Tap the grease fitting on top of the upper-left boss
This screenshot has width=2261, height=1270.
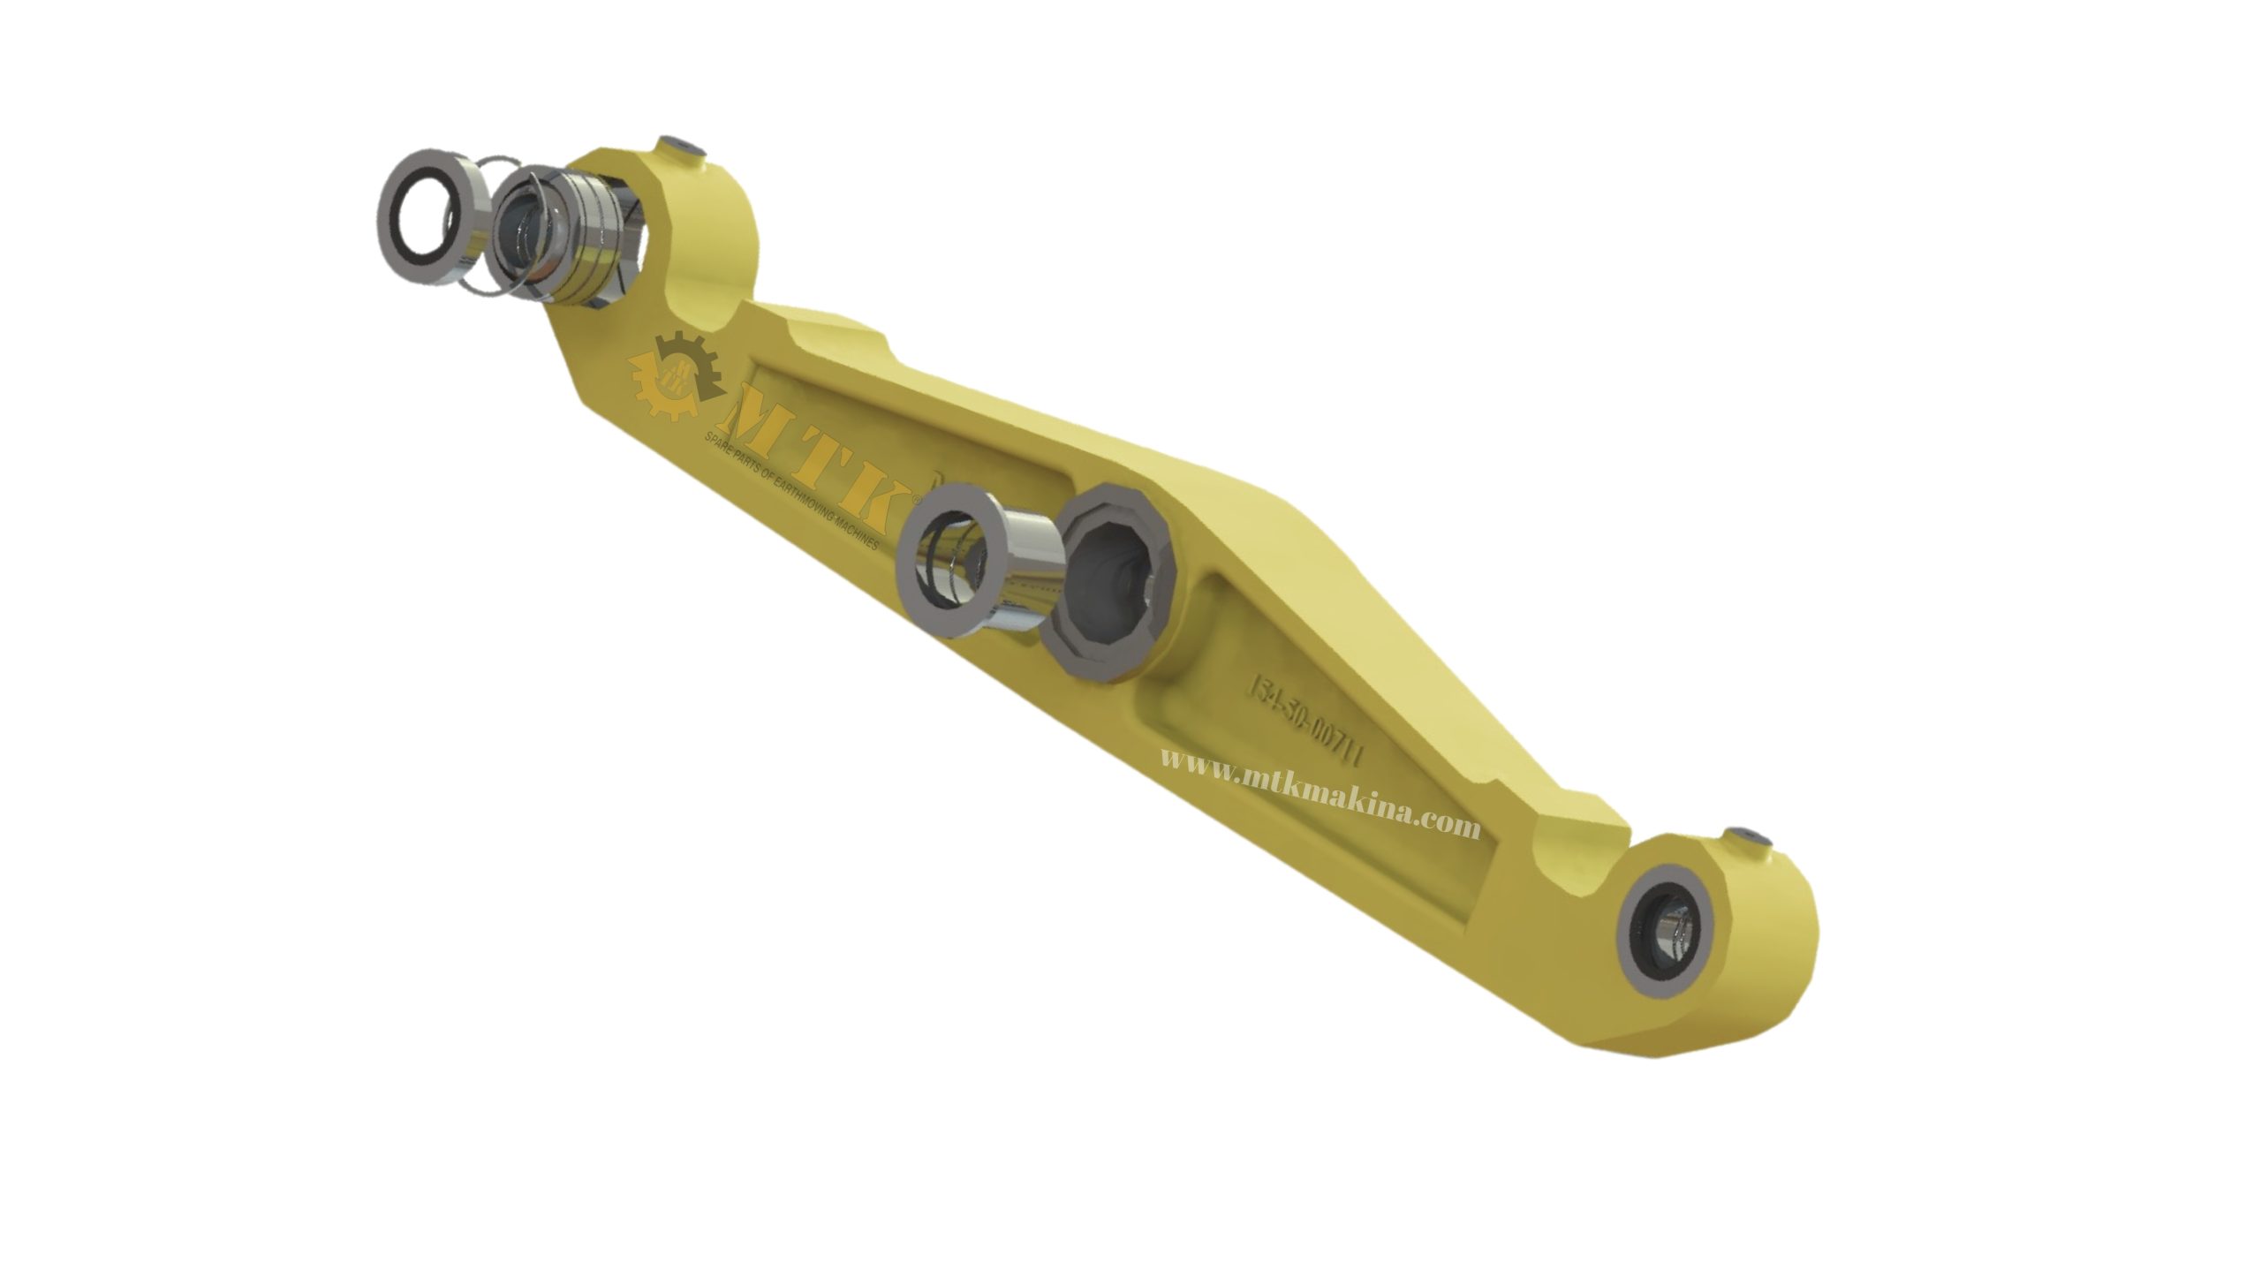680,147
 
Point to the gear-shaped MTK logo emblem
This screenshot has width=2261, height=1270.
677,375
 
